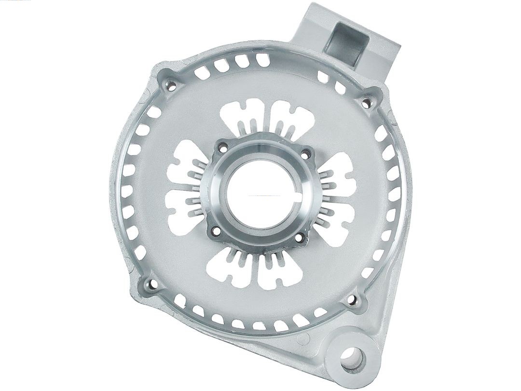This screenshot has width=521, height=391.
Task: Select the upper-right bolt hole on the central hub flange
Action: click(x=304, y=154)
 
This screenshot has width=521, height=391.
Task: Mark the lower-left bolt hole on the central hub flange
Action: click(x=215, y=231)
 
